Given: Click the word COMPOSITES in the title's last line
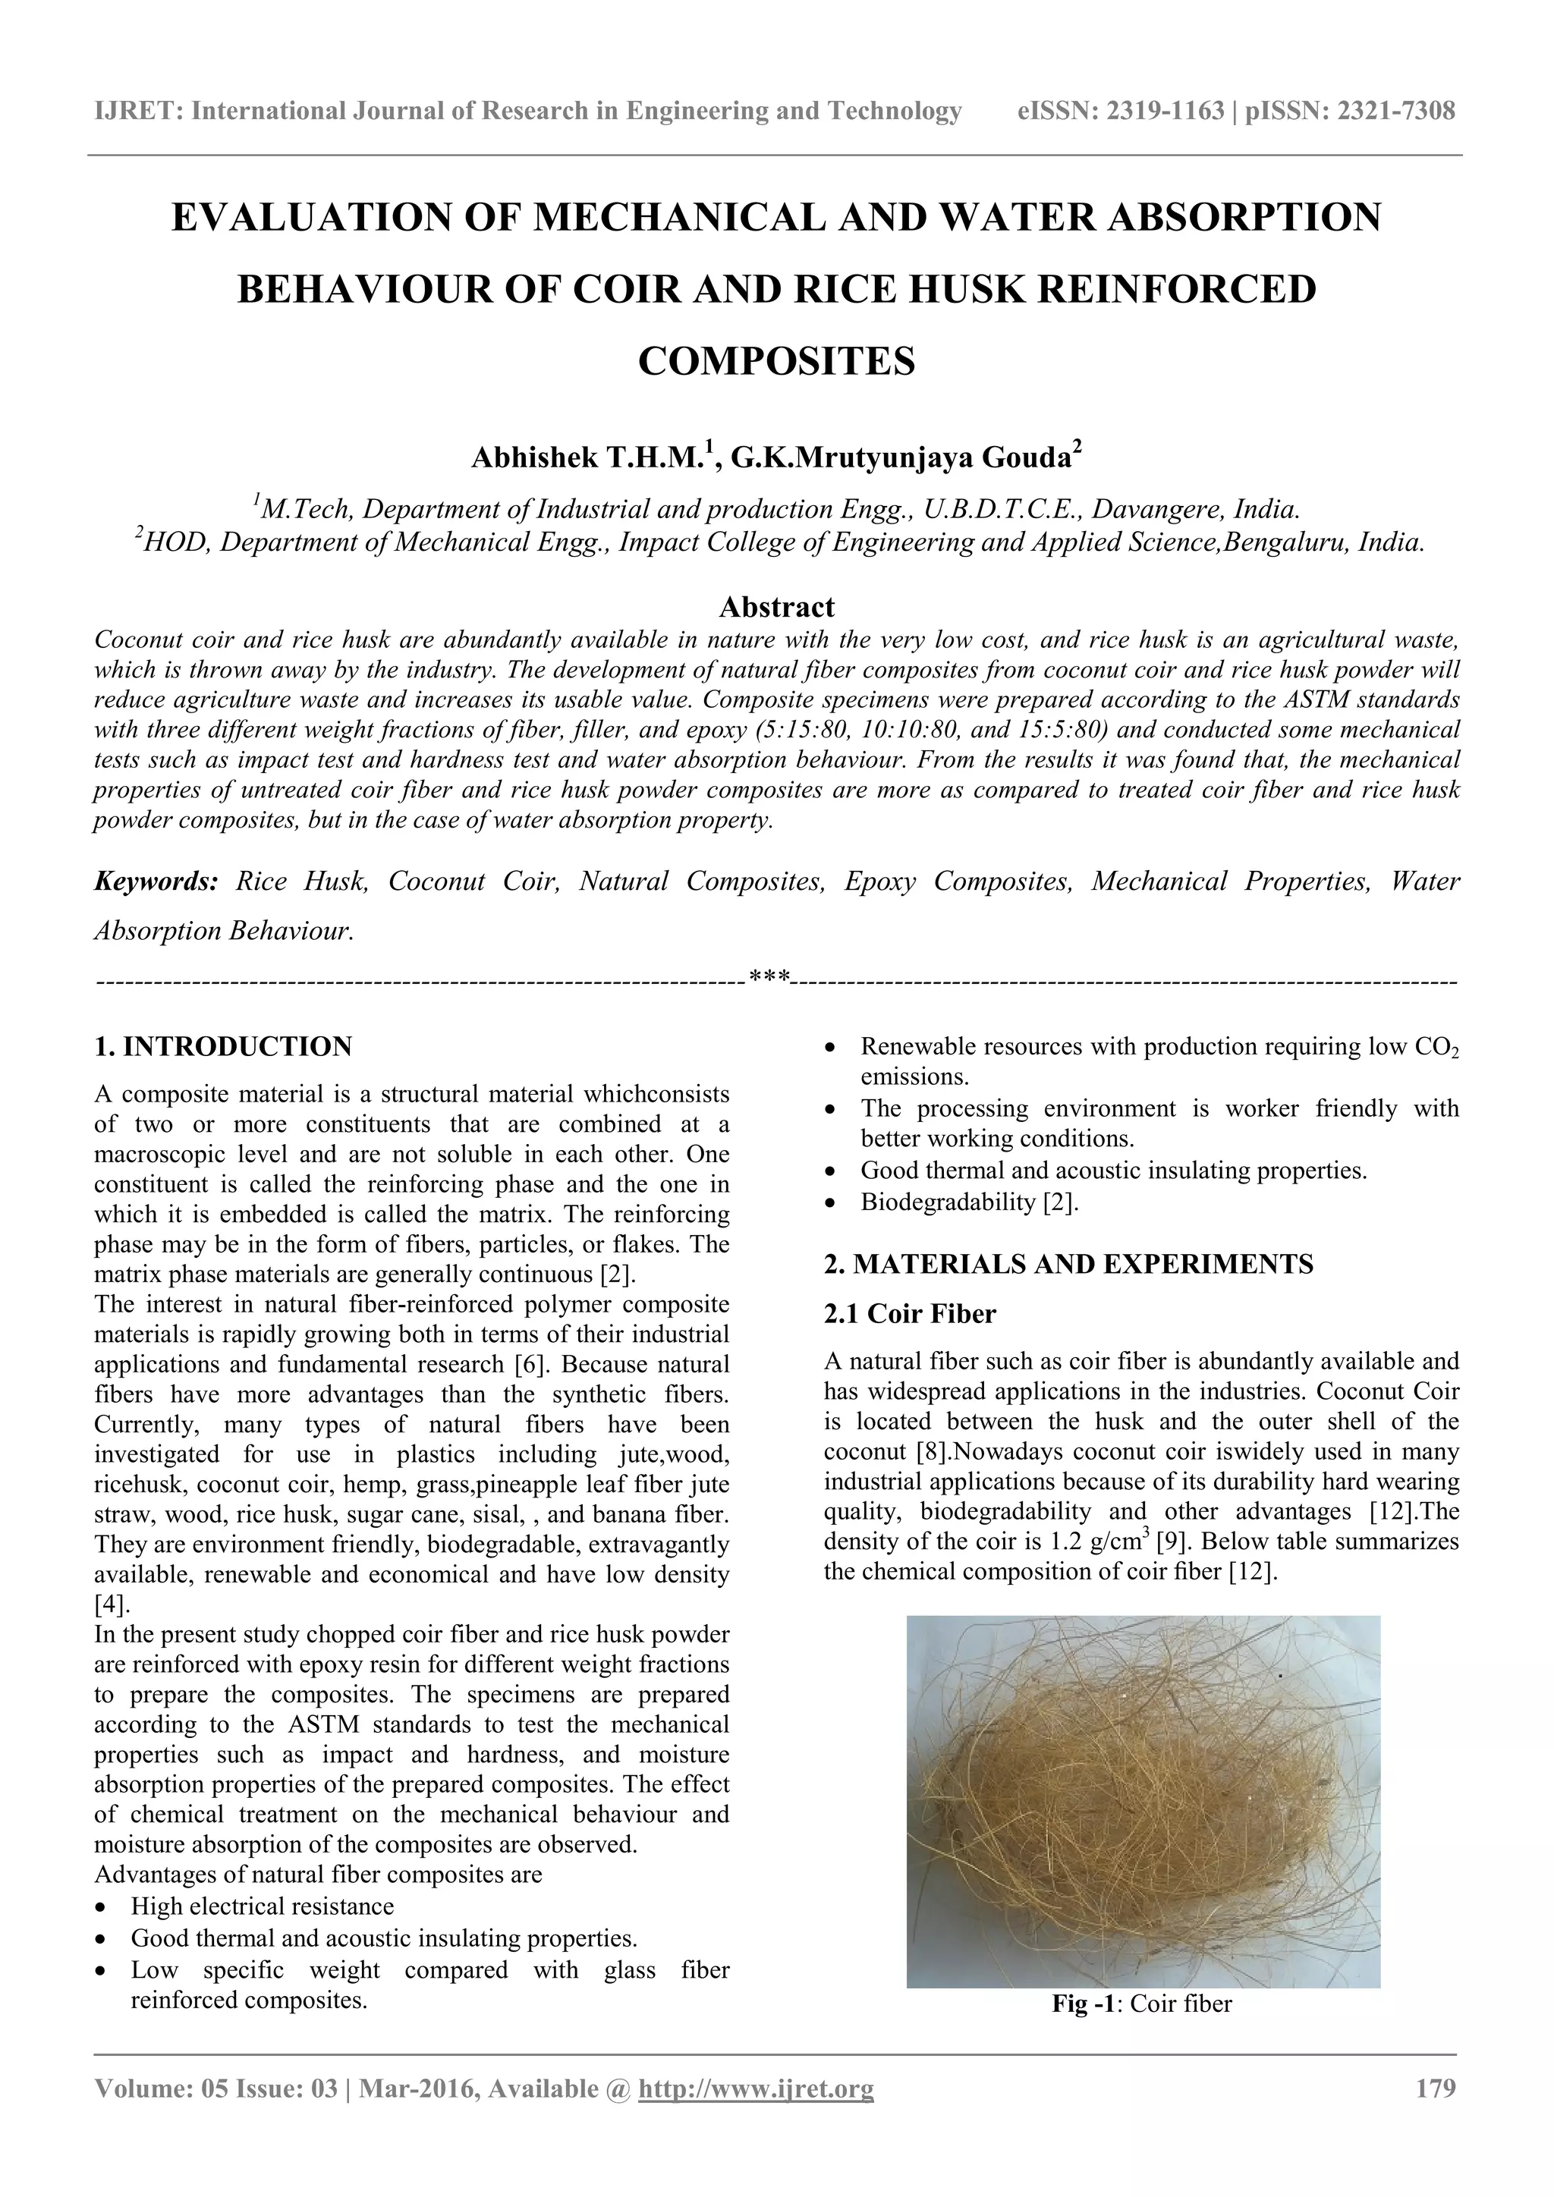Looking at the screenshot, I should (x=776, y=362).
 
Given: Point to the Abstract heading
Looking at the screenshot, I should (x=776, y=607).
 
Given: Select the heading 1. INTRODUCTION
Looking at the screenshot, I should (x=223, y=1047).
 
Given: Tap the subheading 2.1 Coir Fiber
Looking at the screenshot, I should (x=909, y=1314).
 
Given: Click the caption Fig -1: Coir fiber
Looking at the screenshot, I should (x=1141, y=2004).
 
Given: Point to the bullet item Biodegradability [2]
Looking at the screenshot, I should (x=969, y=1202).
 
